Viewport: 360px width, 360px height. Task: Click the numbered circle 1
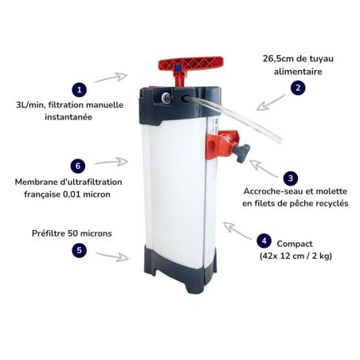[79, 90]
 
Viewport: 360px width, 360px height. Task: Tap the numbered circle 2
[298, 88]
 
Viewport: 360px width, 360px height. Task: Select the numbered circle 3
[291, 178]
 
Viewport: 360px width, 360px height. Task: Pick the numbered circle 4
[264, 241]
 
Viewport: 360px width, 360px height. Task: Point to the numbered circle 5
[79, 250]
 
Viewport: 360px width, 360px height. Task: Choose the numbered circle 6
[78, 166]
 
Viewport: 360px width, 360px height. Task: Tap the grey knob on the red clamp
[241, 153]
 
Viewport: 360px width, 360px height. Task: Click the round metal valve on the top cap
[166, 98]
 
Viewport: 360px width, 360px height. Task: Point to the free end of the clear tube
[277, 139]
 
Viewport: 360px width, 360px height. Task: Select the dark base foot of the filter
[181, 268]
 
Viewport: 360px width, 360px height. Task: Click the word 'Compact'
[295, 244]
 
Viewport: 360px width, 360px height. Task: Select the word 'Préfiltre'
[49, 233]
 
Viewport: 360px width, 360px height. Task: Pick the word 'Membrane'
[33, 182]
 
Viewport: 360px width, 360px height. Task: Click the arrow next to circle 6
[112, 162]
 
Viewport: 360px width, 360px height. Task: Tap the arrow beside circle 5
[112, 256]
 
